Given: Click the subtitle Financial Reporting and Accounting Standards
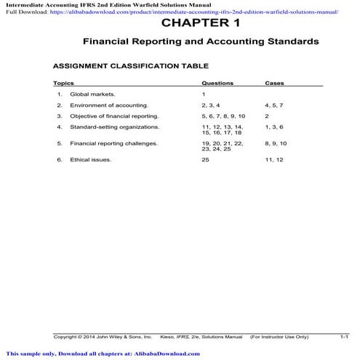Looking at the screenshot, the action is (200, 42).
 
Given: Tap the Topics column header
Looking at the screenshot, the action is (64, 84).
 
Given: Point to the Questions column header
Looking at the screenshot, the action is (217, 84).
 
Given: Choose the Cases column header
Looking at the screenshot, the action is (274, 84).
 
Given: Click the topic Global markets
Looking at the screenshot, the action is (92, 95).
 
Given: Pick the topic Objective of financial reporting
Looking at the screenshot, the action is (113, 116).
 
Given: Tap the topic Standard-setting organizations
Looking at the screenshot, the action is (114, 127).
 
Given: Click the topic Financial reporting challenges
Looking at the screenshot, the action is (113, 143).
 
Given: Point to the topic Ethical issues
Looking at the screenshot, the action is (90, 159).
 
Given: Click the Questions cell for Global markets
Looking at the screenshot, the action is (204, 95).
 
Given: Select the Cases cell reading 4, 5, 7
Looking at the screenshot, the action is (274, 105).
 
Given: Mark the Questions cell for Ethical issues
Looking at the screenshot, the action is (206, 159).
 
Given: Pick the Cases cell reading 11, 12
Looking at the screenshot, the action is (274, 159).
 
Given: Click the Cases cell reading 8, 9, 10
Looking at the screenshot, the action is (276, 143).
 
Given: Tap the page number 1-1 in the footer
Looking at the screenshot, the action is (345, 337).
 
